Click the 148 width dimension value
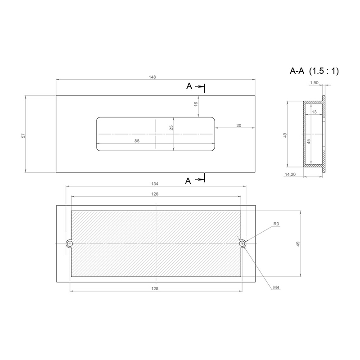(152, 77)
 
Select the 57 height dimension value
(23, 136)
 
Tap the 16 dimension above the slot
(196, 104)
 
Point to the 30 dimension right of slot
(239, 126)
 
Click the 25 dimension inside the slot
(171, 128)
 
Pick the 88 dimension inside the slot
(137, 141)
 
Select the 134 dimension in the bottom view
(155, 184)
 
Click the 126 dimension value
(155, 194)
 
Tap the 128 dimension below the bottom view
(155, 288)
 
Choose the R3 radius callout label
(276, 224)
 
